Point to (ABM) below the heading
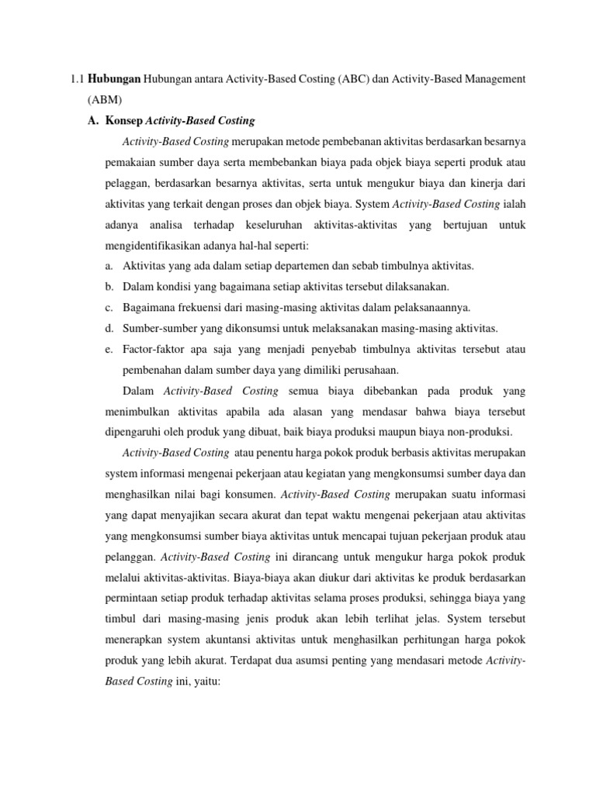click(105, 100)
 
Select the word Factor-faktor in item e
click(158, 349)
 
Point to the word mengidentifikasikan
click(160, 245)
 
